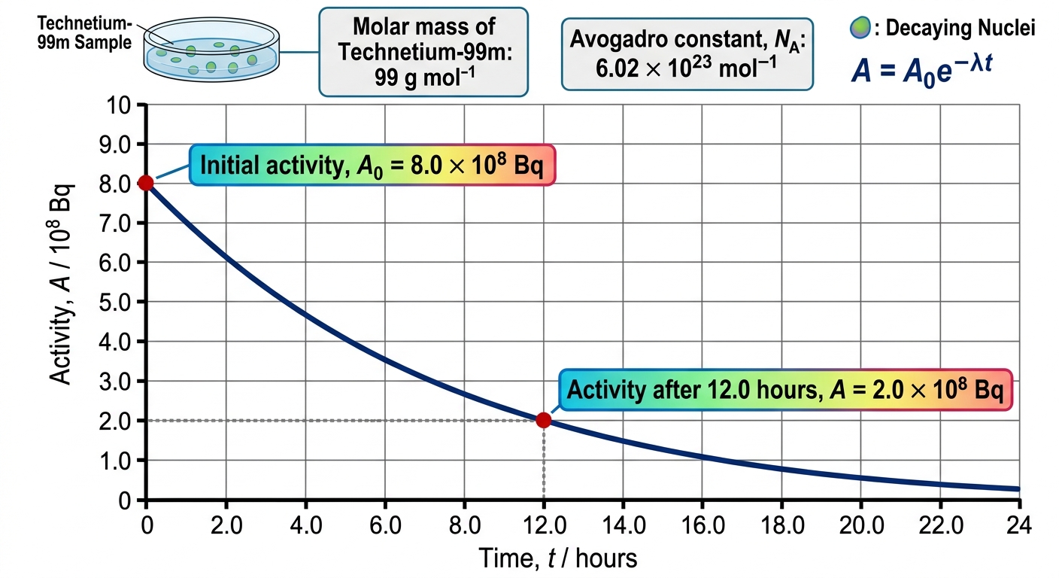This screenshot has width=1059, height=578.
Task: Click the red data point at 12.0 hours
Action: tap(544, 420)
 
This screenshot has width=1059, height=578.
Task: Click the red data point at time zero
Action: tap(146, 183)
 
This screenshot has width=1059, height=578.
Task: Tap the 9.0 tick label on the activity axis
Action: tap(115, 144)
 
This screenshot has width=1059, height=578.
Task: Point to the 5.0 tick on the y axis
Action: tap(115, 302)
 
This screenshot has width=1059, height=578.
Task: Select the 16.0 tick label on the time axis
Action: tap(702, 525)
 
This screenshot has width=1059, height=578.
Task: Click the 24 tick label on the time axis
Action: tap(1019, 525)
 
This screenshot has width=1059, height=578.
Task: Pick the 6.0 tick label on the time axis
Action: tap(385, 525)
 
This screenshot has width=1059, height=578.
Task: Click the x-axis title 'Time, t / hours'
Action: tap(558, 558)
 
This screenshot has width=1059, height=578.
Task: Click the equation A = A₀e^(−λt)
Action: tap(921, 70)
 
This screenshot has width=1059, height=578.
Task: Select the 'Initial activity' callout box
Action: tap(372, 165)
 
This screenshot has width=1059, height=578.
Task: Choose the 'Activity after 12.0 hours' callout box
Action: tap(785, 390)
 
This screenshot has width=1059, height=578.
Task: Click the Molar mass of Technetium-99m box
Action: tap(423, 52)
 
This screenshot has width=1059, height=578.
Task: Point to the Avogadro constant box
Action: tap(687, 54)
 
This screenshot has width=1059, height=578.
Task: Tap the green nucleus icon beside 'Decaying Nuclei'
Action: tap(860, 27)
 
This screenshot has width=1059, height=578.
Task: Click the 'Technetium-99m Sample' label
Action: tap(84, 32)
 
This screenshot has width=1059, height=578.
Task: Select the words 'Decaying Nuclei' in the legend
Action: tap(960, 28)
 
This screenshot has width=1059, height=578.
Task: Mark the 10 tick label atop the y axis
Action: tap(119, 105)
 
